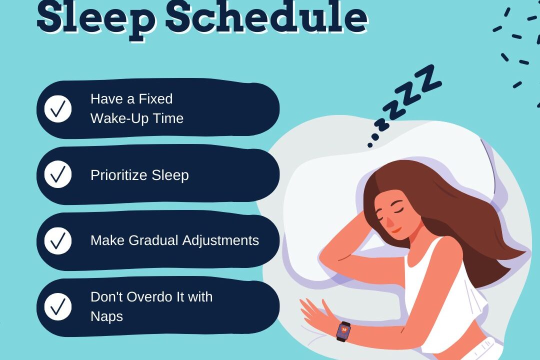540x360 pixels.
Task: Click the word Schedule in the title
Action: [267, 16]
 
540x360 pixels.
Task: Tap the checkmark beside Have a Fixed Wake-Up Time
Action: [58, 109]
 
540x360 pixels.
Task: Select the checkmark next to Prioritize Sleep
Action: [58, 174]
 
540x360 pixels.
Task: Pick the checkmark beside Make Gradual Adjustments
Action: [58, 241]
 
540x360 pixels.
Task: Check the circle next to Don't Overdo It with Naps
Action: [58, 306]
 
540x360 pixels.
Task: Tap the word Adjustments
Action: [220, 240]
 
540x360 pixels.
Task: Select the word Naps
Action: [107, 316]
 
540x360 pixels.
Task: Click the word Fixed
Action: [155, 99]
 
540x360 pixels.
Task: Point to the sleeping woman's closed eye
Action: [399, 209]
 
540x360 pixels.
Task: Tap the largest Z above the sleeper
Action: [427, 79]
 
